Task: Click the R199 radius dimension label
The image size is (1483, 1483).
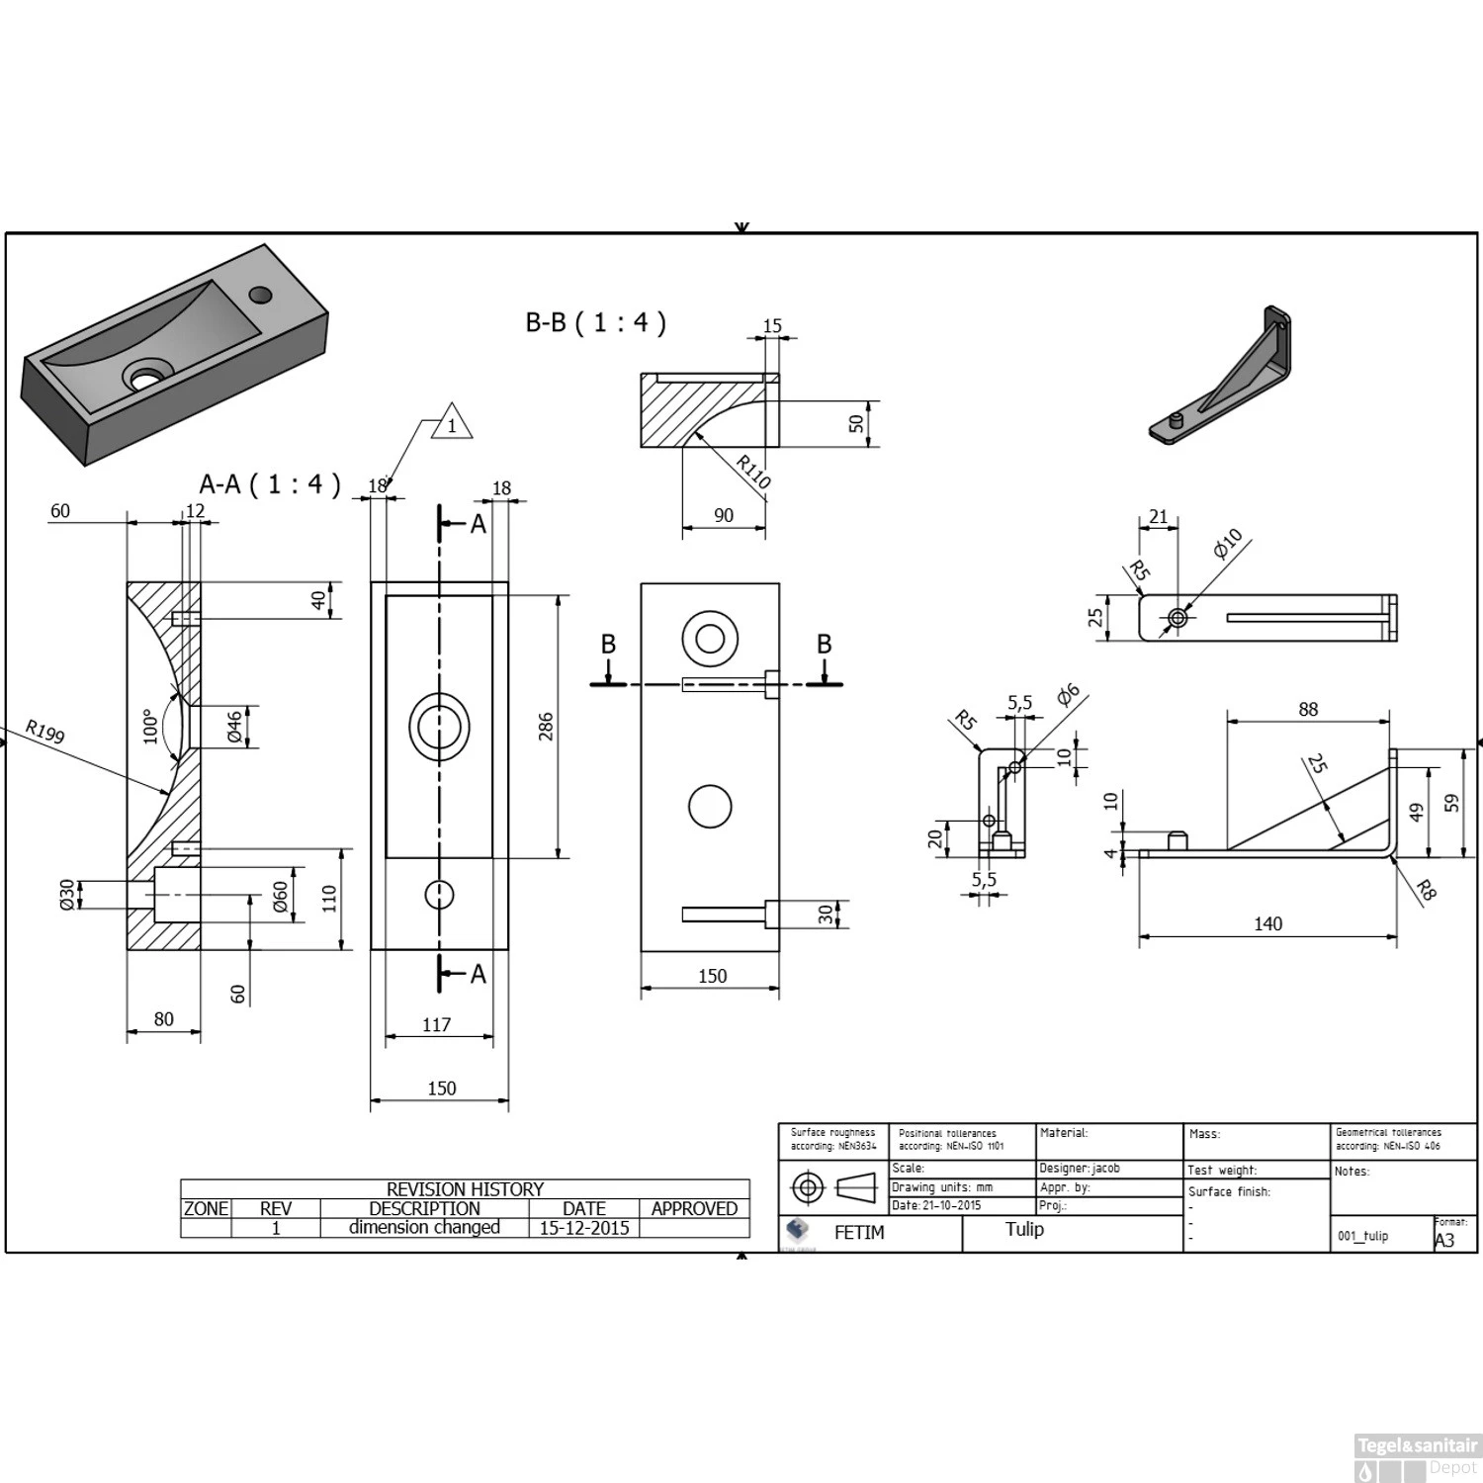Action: coord(44,732)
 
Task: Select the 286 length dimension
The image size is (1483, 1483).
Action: coord(546,727)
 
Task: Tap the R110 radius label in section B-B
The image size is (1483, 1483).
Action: coord(753,472)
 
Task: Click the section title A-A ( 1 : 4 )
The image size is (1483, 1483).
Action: coord(270,483)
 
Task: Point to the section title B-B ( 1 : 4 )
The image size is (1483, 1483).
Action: coord(595,322)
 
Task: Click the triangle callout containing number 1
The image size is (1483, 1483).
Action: coord(452,424)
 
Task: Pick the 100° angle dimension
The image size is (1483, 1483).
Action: coord(150,726)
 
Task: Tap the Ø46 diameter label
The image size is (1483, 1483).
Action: coord(235,727)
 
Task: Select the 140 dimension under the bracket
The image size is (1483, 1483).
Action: coord(1267,923)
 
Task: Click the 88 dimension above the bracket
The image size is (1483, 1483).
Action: coord(1308,709)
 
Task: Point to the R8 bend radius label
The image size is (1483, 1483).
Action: coord(1425,890)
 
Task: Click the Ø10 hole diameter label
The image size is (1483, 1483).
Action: coord(1228,544)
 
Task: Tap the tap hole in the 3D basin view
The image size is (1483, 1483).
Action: coord(261,294)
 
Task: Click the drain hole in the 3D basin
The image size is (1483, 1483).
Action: coord(145,377)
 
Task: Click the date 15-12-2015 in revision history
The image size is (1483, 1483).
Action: coord(583,1228)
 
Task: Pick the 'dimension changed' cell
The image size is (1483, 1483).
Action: coord(424,1228)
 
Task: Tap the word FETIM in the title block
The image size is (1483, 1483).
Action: coord(859,1233)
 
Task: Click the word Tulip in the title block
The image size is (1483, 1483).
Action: coord(1024,1229)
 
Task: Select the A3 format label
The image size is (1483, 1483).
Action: coord(1444,1240)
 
